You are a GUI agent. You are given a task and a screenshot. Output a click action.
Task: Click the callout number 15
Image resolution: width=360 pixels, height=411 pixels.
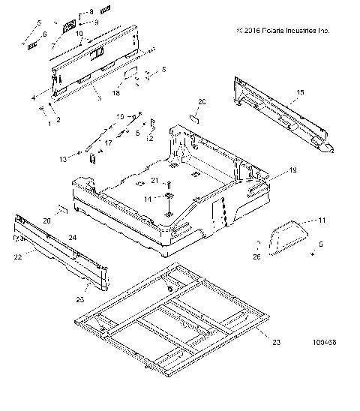[x=300, y=92]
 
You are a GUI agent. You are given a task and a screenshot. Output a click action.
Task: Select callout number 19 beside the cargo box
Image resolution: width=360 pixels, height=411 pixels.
[x=292, y=192]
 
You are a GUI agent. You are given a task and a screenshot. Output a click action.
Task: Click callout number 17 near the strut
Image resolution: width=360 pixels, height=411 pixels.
[x=107, y=142]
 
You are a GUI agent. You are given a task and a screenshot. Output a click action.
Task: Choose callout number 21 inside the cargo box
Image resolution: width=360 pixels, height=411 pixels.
[x=154, y=180]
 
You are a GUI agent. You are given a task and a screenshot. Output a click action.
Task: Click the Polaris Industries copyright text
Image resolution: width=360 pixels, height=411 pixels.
[x=282, y=31]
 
